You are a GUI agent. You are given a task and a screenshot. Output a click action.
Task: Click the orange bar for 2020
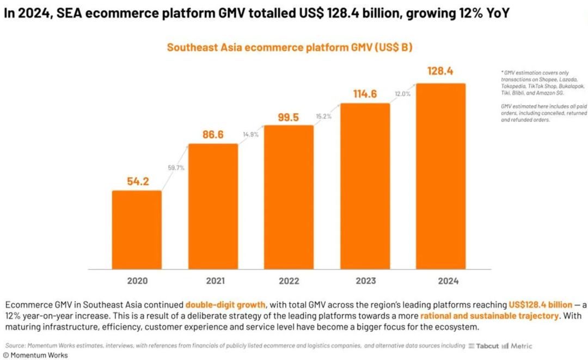point(137,229)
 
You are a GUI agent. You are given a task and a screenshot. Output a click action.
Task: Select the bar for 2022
point(289,197)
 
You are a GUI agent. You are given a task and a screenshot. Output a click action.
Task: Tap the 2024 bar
point(440,176)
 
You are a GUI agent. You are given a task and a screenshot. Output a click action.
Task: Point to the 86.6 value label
point(213,135)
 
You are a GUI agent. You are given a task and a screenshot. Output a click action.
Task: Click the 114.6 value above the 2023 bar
point(365,94)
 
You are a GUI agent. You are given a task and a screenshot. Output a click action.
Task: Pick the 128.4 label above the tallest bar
point(440,71)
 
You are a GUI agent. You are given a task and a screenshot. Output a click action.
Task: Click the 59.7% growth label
point(176,168)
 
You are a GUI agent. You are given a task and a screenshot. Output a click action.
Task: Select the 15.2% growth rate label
point(323,116)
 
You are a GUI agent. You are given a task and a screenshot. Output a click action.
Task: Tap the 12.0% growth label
point(402,94)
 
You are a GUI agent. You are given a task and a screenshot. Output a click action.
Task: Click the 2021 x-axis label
point(213,281)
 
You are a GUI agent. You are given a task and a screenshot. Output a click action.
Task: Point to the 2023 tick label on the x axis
point(365,281)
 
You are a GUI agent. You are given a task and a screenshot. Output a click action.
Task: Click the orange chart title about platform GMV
point(289,47)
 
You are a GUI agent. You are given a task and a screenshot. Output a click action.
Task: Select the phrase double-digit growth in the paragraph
point(225,304)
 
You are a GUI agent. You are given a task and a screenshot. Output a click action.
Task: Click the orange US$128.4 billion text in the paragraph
point(541,304)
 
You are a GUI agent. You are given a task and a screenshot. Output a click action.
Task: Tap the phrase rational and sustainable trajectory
point(489,316)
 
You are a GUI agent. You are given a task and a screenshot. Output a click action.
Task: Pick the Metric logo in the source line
point(517,346)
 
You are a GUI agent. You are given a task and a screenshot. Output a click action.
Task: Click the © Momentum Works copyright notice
point(35,355)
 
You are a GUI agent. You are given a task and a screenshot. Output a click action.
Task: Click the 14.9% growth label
point(250,135)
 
